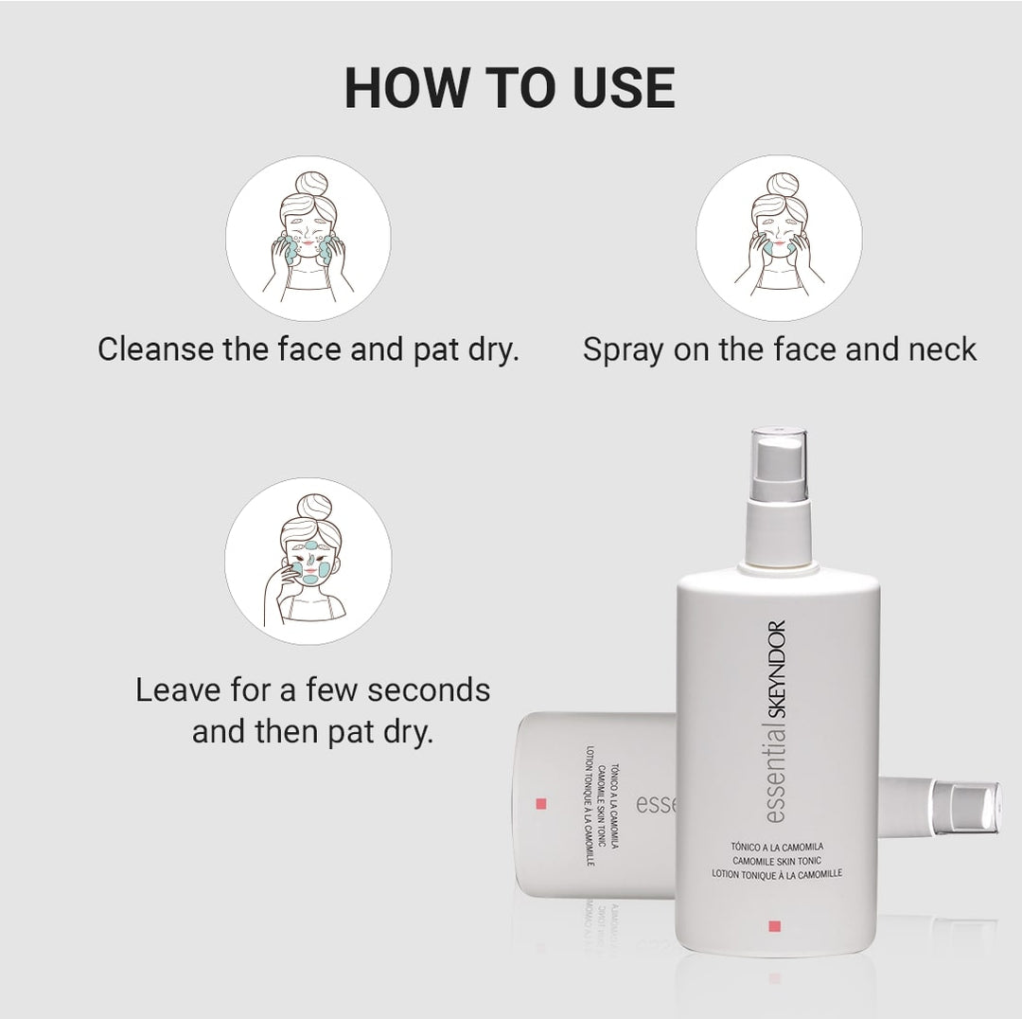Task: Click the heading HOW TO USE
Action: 509,88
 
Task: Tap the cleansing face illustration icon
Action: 308,238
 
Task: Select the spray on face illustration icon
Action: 778,238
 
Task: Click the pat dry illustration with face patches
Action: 308,562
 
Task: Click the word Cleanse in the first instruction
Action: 155,349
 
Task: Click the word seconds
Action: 429,689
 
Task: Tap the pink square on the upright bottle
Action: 775,925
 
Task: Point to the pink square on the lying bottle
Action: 541,804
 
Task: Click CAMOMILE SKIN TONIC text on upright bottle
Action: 777,860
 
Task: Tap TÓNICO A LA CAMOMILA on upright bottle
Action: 777,845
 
